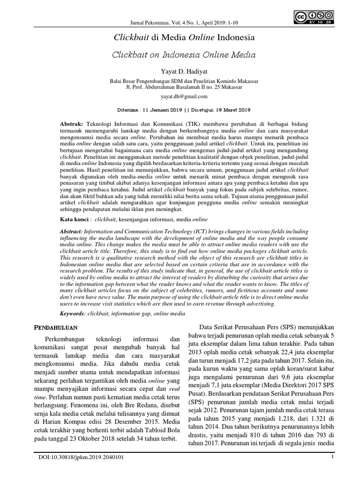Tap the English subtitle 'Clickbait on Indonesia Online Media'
184,54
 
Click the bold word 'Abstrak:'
72,122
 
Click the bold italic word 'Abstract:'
72,232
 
